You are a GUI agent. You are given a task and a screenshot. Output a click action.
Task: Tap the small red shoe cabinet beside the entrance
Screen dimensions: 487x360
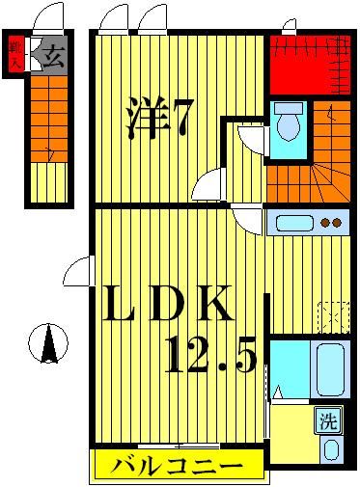16,55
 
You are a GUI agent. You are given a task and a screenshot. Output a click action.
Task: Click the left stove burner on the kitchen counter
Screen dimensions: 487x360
324,224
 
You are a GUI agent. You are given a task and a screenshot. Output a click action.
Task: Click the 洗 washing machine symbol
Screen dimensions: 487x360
329,420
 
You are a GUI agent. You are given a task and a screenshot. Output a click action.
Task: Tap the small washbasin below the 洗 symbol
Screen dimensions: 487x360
331,449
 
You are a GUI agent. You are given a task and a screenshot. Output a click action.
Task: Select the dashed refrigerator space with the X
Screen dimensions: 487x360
334,316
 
